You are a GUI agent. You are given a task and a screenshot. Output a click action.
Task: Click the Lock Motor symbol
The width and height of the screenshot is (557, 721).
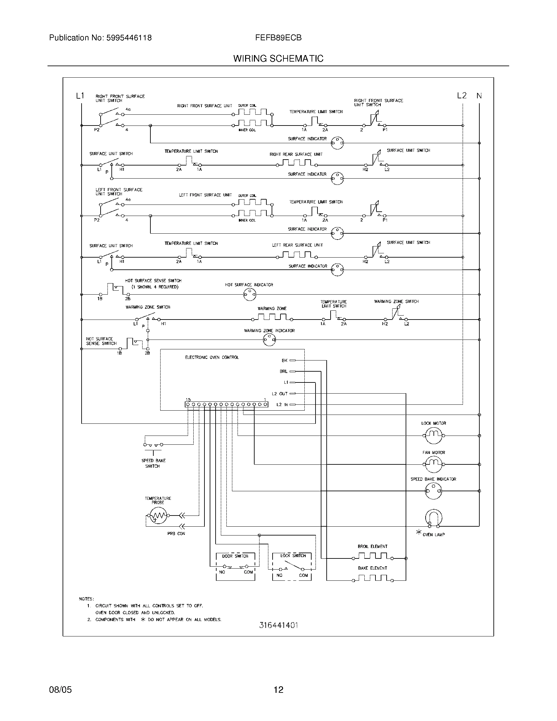click(433, 436)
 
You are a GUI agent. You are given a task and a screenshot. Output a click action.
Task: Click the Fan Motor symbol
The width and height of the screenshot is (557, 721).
click(433, 464)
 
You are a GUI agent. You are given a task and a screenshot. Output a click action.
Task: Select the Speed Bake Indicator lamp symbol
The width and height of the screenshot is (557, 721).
click(433, 491)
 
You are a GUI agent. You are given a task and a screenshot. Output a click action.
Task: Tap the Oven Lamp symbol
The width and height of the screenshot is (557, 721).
click(433, 518)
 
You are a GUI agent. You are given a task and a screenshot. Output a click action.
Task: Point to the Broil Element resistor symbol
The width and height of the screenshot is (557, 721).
click(373, 557)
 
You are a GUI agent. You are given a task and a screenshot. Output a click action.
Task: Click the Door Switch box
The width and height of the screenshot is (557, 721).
click(235, 567)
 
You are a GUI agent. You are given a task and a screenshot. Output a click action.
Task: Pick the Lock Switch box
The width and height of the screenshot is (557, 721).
click(292, 567)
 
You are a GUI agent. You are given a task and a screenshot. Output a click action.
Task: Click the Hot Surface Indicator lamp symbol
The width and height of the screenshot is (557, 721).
click(249, 294)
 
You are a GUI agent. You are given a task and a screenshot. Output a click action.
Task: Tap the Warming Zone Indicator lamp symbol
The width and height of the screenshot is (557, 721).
click(269, 340)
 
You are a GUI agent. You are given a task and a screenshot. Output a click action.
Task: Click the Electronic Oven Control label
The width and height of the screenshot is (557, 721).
click(212, 357)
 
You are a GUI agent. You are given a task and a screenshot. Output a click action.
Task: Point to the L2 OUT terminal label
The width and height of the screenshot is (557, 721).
click(279, 394)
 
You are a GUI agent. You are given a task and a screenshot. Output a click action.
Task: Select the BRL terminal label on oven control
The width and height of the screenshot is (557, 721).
click(283, 371)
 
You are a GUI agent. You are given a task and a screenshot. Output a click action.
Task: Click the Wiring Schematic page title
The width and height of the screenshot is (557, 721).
click(278, 59)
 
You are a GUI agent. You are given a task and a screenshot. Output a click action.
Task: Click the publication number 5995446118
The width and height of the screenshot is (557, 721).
click(129, 38)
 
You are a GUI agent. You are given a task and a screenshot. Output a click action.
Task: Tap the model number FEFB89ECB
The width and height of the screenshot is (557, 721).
click(278, 38)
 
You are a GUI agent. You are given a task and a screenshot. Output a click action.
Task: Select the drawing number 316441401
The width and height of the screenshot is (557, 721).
click(278, 625)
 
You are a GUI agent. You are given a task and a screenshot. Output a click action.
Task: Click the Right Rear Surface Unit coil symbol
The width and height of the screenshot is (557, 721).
click(297, 163)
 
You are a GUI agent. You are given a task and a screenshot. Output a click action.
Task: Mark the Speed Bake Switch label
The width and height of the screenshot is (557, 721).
click(153, 463)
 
